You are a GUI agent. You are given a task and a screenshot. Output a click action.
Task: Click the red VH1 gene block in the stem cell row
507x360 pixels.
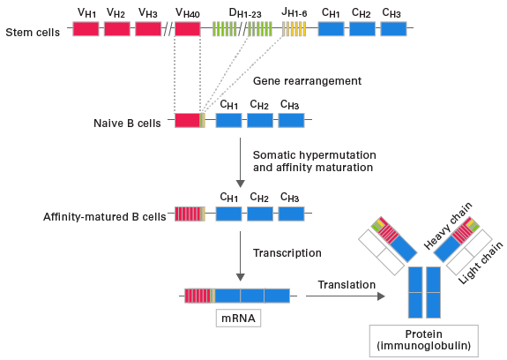[x=86, y=29]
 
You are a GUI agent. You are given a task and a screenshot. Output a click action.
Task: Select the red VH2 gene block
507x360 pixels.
[x=117, y=29]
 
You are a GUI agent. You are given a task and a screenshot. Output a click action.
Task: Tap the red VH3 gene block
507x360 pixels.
[x=148, y=29]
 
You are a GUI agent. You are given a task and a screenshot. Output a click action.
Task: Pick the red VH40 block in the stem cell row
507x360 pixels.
[x=188, y=29]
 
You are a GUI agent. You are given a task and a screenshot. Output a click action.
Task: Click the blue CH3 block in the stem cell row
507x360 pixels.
[x=393, y=29]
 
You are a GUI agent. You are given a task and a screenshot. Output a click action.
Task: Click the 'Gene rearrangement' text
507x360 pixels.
[x=295, y=80]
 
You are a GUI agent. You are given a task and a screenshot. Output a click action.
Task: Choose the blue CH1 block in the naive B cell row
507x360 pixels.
[x=228, y=121]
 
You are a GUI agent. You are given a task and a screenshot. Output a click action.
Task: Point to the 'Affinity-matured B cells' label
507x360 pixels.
[x=104, y=216]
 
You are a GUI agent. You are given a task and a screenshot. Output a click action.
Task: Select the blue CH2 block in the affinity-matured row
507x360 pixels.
[x=260, y=214]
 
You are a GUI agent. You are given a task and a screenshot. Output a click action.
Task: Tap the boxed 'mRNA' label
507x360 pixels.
[x=239, y=317]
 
